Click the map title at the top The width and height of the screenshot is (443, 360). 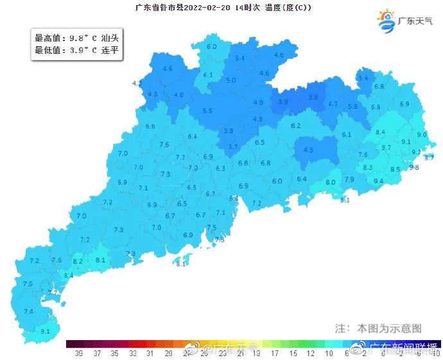[223, 7]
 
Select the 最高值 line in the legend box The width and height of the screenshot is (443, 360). [76, 39]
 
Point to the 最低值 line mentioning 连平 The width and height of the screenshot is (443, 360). [76, 50]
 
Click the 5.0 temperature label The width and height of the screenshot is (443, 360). [231, 80]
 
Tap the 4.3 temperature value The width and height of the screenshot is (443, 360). [153, 94]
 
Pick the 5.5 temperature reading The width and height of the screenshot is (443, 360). [207, 111]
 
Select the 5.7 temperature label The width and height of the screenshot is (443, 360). [233, 147]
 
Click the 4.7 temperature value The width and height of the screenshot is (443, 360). [333, 104]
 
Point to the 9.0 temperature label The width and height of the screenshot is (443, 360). [422, 135]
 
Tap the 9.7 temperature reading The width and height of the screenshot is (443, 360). [387, 148]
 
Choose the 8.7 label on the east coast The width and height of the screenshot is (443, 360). [430, 157]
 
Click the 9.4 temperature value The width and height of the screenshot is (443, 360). [378, 182]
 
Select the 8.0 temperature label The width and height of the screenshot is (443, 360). [331, 183]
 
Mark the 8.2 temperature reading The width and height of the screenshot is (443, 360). [78, 261]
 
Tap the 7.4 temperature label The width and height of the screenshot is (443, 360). [28, 311]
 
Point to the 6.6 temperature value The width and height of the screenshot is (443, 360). [151, 126]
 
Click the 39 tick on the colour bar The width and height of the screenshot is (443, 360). [78, 353]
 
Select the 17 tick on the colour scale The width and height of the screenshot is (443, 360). [275, 353]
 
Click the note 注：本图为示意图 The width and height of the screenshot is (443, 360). [378, 328]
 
